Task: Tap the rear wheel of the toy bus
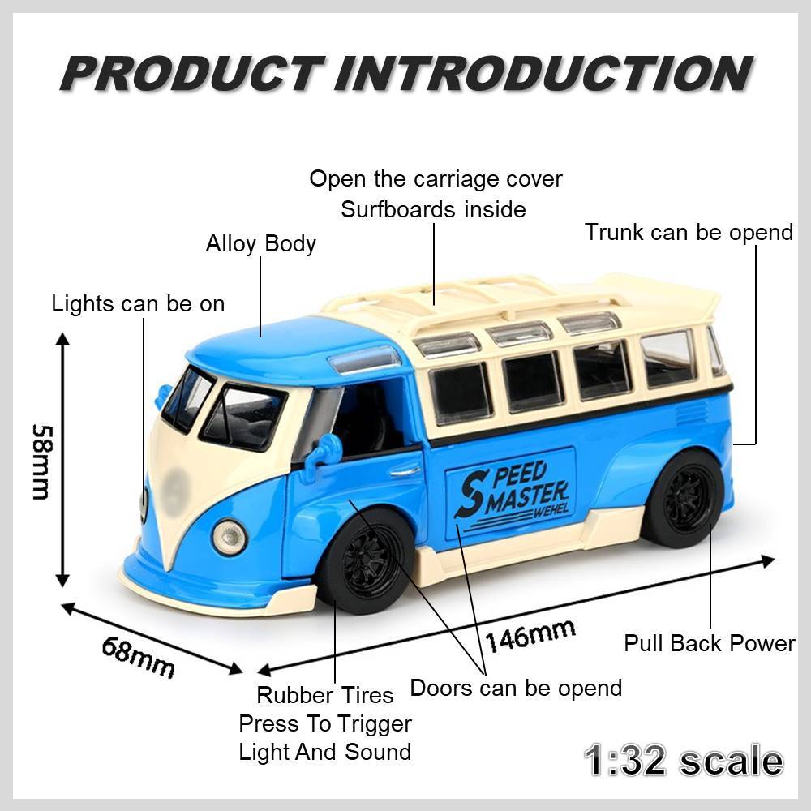[684, 499]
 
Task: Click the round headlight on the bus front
[230, 538]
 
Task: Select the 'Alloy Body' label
[260, 243]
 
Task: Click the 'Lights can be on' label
[138, 303]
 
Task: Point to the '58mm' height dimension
[41, 462]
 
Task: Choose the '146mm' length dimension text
[530, 636]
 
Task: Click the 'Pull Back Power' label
[710, 643]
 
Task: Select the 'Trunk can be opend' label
[689, 232]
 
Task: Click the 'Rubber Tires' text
[325, 695]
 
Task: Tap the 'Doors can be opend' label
[516, 689]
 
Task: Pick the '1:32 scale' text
[684, 761]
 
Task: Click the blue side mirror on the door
[325, 450]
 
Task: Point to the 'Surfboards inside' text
[433, 209]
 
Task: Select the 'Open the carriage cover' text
[436, 179]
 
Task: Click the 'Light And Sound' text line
[325, 752]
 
